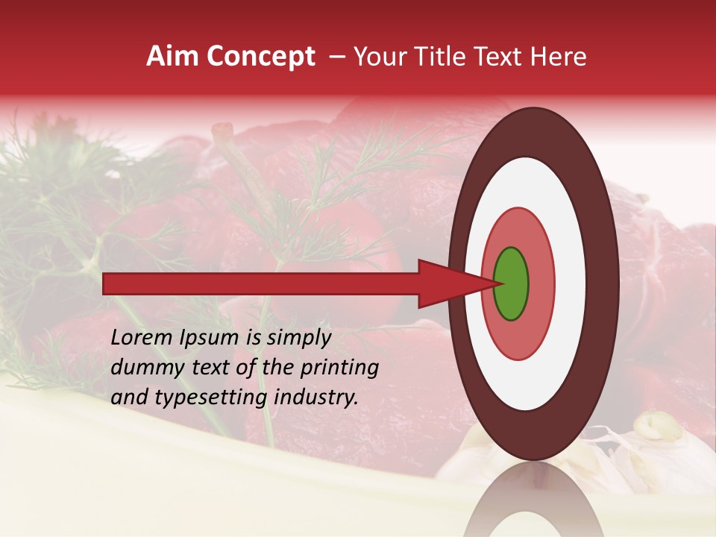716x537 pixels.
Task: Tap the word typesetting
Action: coord(199,398)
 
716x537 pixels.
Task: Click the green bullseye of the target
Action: coord(511,283)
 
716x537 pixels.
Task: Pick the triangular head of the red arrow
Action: coord(455,283)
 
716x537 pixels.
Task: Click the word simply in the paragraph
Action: coord(298,339)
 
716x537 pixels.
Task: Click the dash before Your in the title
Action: coord(336,56)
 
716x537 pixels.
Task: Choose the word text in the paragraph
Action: coord(216,368)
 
